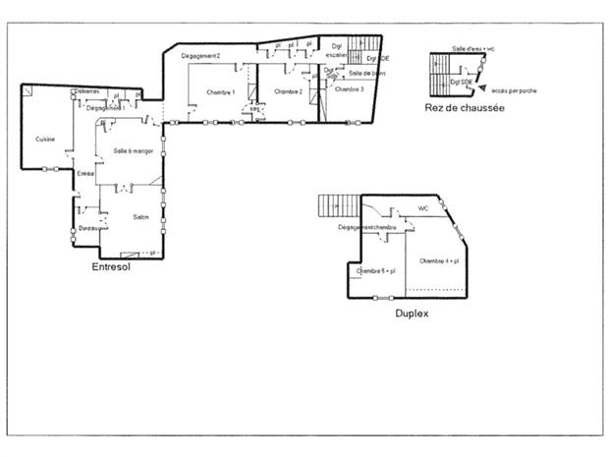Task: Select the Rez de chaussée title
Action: pyautogui.click(x=465, y=107)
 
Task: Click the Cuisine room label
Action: pyautogui.click(x=45, y=139)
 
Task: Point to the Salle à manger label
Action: pyautogui.click(x=133, y=150)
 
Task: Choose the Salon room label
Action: pyautogui.click(x=140, y=217)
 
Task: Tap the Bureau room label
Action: pyautogui.click(x=89, y=228)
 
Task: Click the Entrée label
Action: pyautogui.click(x=85, y=173)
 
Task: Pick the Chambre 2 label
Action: pyautogui.click(x=288, y=91)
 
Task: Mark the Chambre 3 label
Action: pyautogui.click(x=349, y=89)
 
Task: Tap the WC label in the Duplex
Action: pyautogui.click(x=423, y=208)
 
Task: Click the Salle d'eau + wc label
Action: pyautogui.click(x=473, y=47)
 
